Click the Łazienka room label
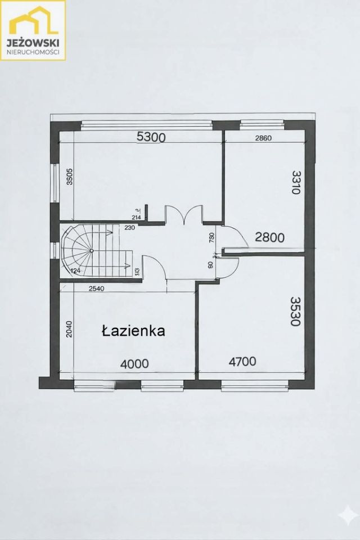coord(133,331)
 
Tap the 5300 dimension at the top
coord(150,137)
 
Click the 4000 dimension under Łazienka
coord(135,364)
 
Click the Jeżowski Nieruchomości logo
coord(33,30)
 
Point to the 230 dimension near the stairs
coord(129,228)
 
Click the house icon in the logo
coord(33,22)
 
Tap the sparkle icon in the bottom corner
coord(346,514)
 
